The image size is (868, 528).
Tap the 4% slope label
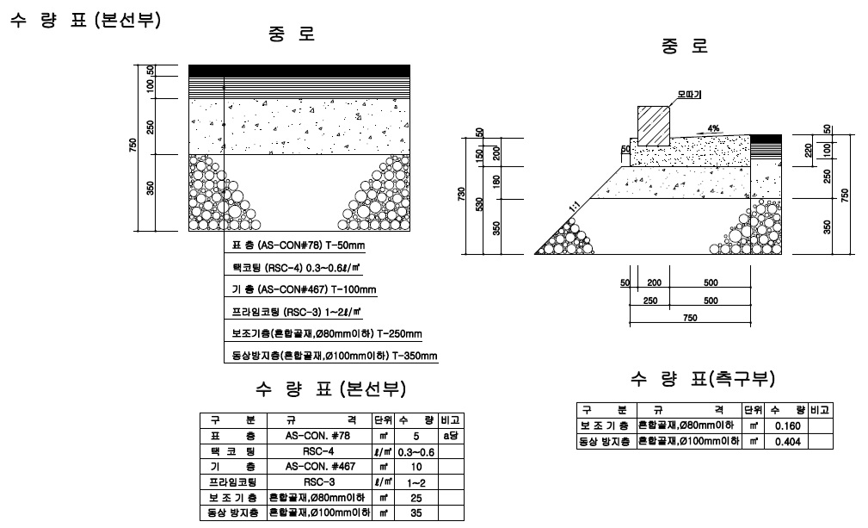point(713,127)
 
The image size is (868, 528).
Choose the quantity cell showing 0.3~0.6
point(415,451)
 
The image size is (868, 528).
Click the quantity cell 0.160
point(788,426)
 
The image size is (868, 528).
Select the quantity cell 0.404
point(788,441)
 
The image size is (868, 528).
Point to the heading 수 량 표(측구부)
point(704,379)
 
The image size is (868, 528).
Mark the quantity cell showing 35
point(415,513)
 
